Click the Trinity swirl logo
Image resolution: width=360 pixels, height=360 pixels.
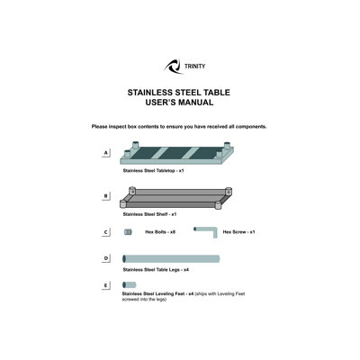tap(173, 67)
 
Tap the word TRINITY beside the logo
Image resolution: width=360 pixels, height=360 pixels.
tap(194, 67)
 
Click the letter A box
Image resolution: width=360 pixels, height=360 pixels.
tap(105, 153)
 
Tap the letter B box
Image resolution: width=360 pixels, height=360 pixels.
tap(105, 196)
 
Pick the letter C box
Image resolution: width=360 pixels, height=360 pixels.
tap(105, 232)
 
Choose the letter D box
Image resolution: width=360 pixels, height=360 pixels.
tap(105, 258)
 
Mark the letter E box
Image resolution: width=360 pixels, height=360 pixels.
tap(105, 285)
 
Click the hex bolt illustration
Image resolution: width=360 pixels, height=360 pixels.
tap(128, 232)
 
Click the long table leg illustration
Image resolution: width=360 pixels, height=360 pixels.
tap(171, 259)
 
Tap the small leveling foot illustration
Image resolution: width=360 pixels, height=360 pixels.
tap(130, 284)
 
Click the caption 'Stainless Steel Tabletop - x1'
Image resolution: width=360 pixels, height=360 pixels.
tap(153, 171)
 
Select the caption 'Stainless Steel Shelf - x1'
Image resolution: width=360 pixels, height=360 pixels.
tap(149, 214)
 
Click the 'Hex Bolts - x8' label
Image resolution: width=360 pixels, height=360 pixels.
tap(160, 232)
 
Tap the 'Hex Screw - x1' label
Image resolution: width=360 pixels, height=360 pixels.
tap(238, 232)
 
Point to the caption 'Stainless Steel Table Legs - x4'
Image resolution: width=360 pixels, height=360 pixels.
tap(156, 270)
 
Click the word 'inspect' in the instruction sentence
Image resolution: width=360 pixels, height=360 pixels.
tap(118, 127)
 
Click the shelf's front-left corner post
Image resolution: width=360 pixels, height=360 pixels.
tap(122, 204)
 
